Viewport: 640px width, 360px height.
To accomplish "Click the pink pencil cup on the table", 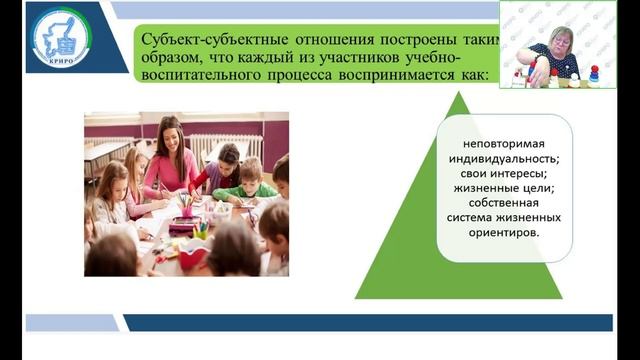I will pos(186,208).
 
